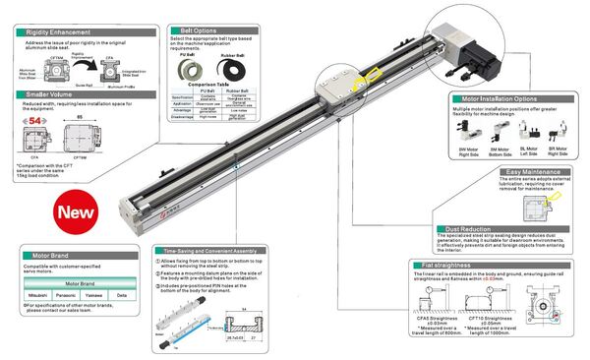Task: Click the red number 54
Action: [x=33, y=119]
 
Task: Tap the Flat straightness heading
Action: [x=471, y=265]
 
